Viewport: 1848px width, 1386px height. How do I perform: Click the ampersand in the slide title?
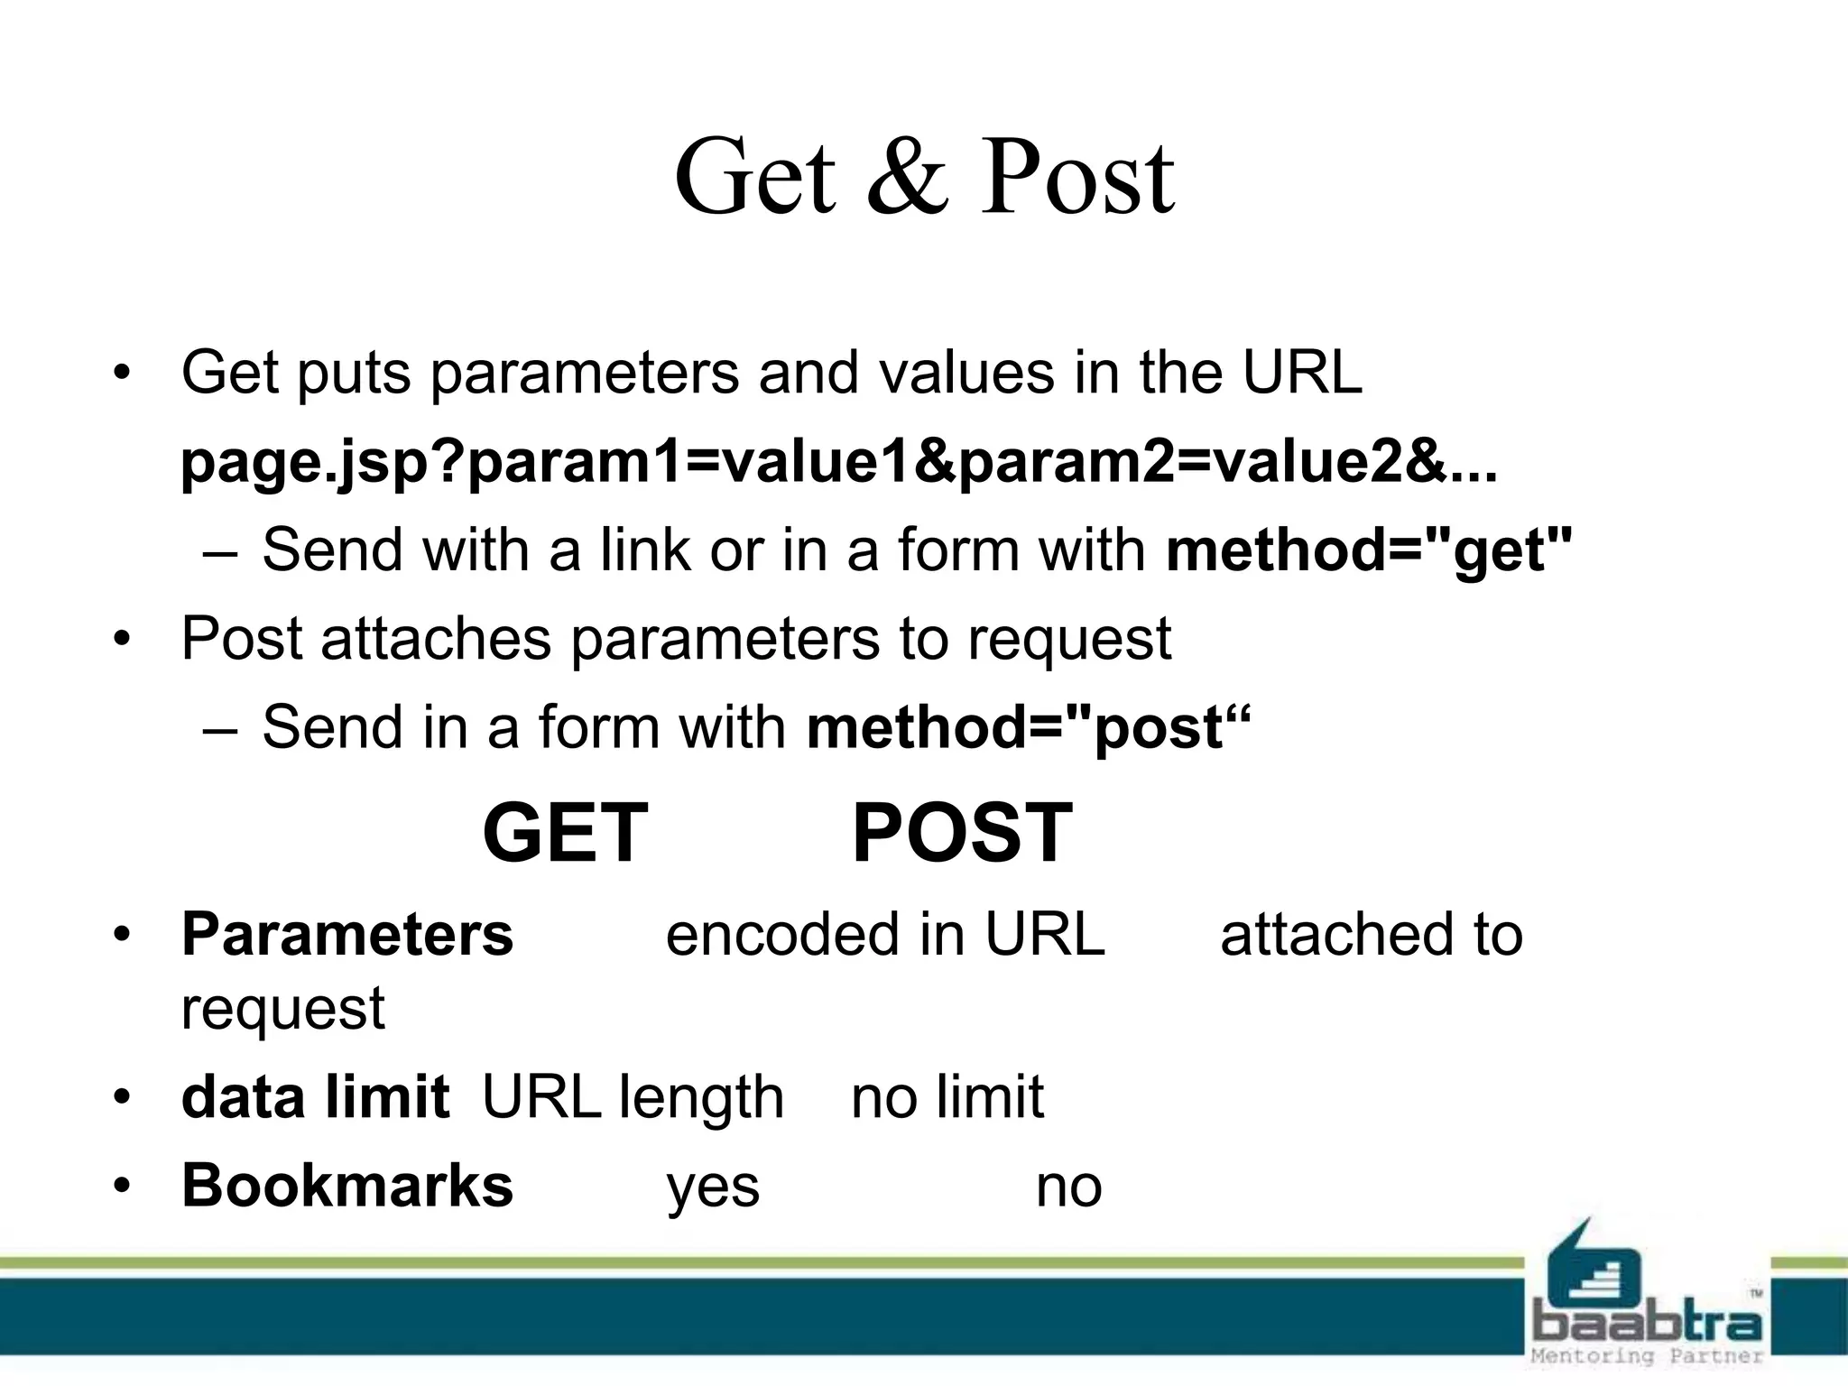point(908,178)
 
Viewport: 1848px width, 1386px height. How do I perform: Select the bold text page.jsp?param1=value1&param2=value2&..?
point(838,462)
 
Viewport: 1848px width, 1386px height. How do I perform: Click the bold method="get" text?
point(1369,550)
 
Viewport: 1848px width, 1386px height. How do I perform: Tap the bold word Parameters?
point(347,934)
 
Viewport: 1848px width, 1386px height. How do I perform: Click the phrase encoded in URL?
point(885,934)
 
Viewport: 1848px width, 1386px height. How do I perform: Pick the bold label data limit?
point(315,1097)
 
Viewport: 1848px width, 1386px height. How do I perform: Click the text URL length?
point(633,1097)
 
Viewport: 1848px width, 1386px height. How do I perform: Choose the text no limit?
point(947,1097)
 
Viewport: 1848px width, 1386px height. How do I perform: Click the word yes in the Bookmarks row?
point(713,1187)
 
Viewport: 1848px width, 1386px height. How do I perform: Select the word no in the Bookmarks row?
point(1068,1187)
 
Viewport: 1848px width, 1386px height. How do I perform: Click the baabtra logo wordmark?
point(1647,1323)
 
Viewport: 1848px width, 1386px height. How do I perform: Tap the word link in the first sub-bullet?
point(644,550)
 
